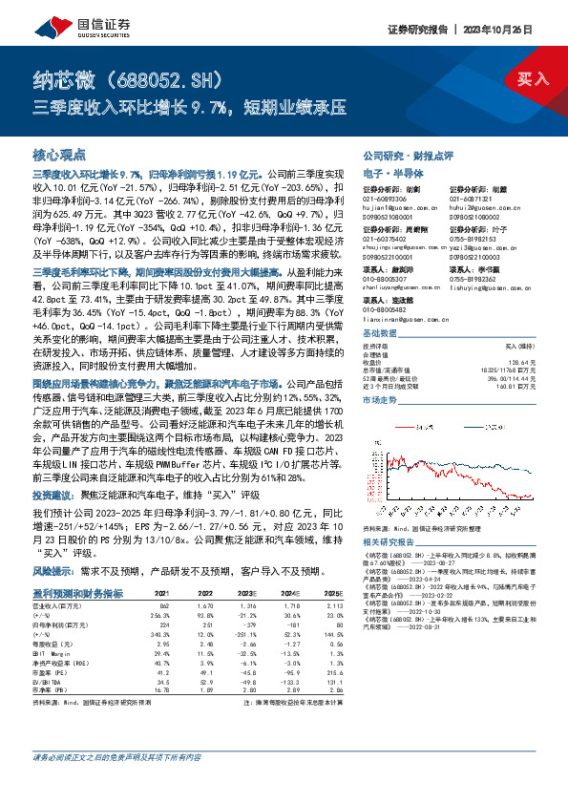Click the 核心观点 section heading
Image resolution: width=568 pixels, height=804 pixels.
pos(59,154)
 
